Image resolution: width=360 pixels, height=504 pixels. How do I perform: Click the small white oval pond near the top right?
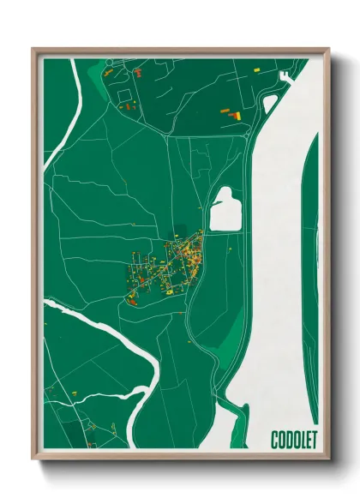click(269, 103)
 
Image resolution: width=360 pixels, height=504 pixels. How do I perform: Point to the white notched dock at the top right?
click(285, 76)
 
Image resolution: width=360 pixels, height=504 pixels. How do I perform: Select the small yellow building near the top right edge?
click(258, 65)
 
